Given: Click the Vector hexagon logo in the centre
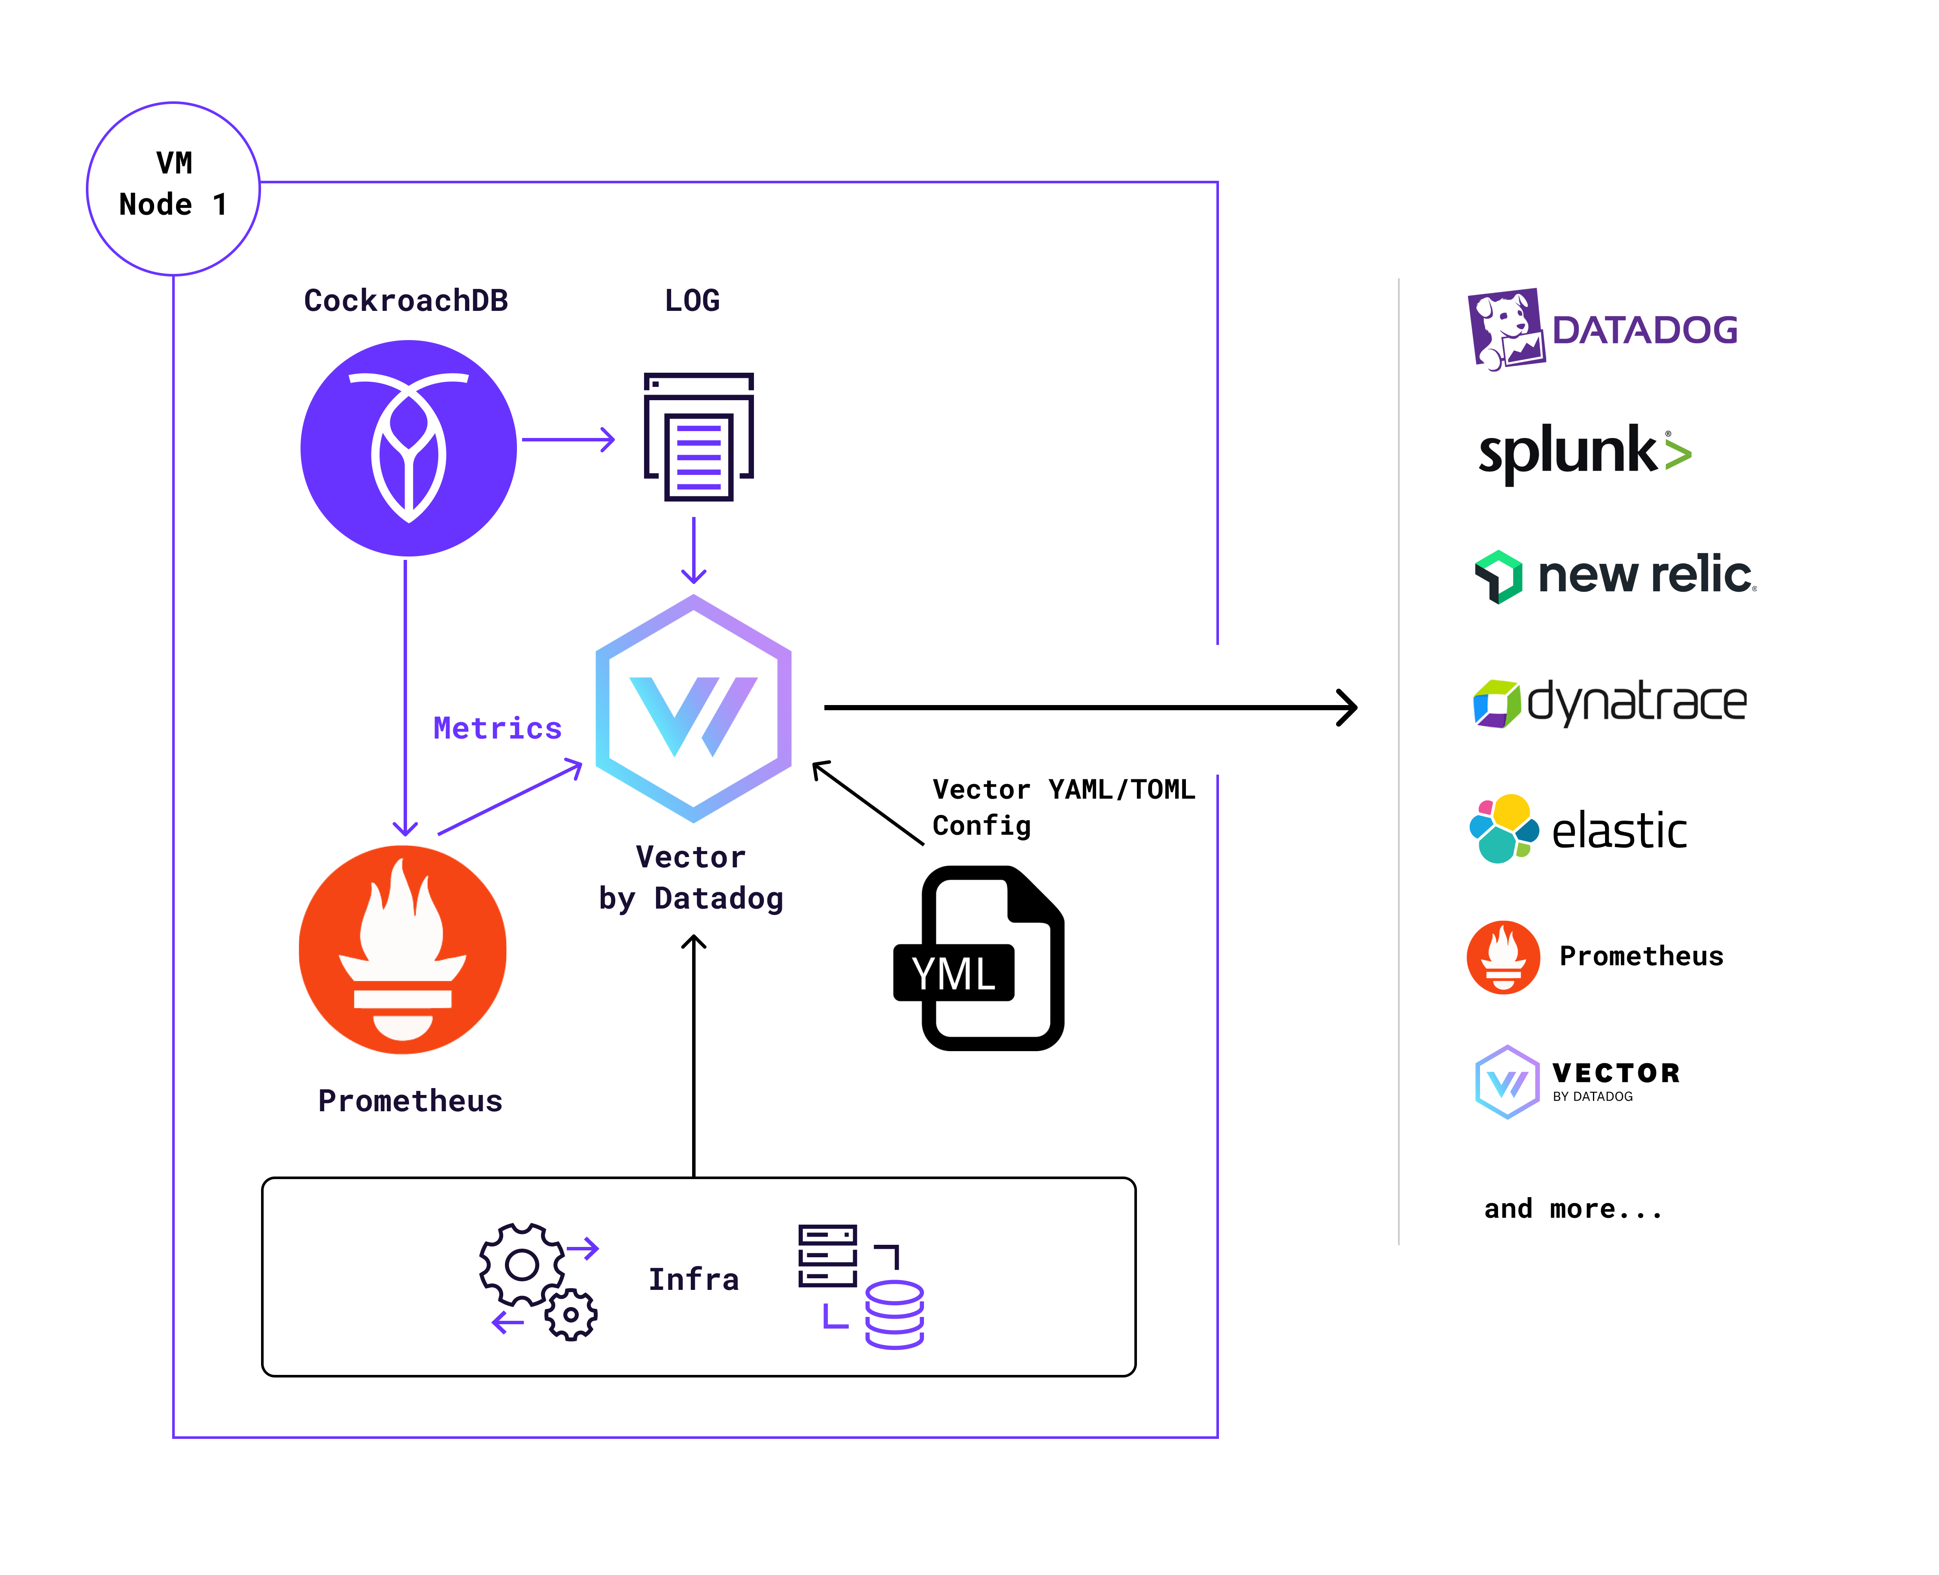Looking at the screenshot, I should coord(693,708).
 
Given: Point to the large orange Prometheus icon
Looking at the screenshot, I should coord(403,949).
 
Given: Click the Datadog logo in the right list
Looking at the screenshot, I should coord(1602,328).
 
